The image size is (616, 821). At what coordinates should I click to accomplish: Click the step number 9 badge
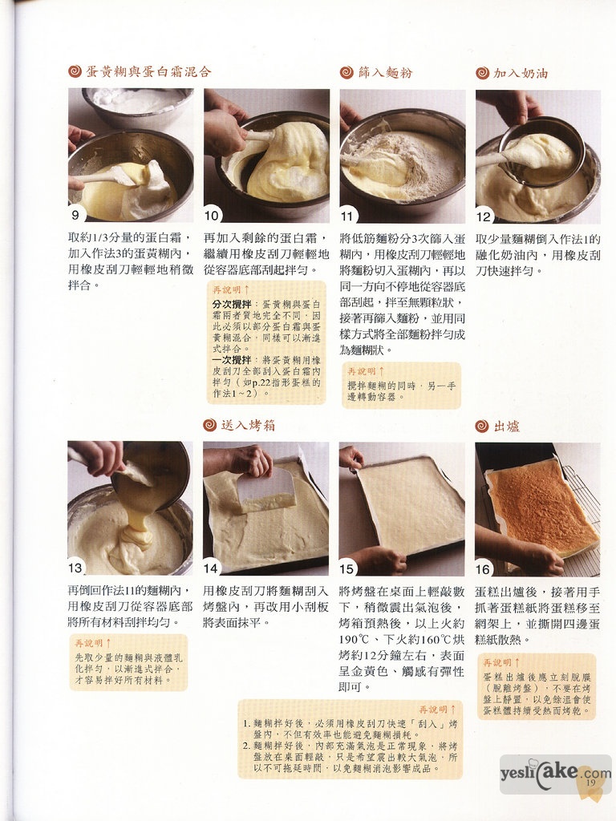(76, 215)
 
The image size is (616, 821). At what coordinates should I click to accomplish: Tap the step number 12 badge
(484, 216)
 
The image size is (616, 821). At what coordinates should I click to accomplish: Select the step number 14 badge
(211, 568)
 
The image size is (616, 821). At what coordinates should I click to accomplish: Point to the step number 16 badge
(483, 569)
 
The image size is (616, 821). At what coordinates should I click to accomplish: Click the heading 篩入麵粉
(386, 73)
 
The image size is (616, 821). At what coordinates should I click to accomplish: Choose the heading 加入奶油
(521, 73)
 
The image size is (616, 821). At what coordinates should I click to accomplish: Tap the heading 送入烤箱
(248, 425)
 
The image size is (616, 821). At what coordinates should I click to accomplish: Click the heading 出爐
(507, 427)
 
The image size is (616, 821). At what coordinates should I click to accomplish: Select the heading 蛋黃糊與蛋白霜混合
(148, 71)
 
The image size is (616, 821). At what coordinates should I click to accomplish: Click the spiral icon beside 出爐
(482, 427)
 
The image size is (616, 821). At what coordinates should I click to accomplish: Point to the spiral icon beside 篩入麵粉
(346, 73)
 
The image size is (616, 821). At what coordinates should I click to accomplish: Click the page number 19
(591, 783)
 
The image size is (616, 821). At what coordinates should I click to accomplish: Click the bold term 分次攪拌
(232, 304)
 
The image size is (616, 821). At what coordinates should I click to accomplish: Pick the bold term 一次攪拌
(232, 360)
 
